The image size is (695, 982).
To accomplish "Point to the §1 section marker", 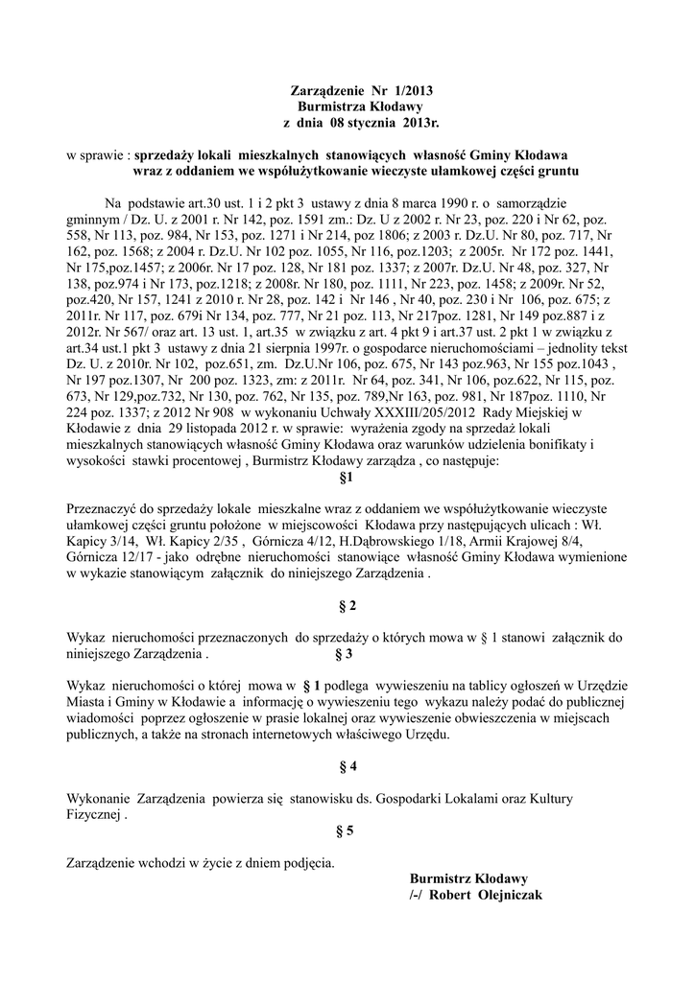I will (347, 476).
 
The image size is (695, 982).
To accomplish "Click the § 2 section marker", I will (347, 605).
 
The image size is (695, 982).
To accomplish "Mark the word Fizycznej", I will (97, 815).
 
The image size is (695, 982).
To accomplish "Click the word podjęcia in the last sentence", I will (302, 862).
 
